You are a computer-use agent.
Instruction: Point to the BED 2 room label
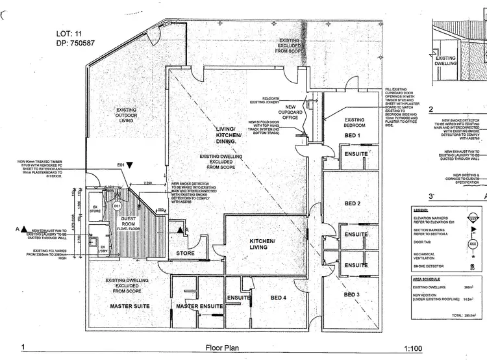353,203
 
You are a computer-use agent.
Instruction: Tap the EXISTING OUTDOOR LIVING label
126,115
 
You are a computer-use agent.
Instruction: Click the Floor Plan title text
222,348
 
